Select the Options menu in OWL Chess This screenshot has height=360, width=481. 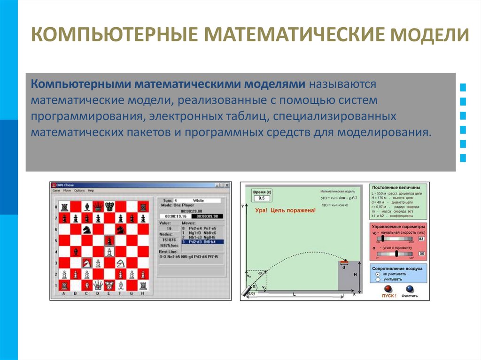(x=79, y=191)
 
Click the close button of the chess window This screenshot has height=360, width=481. (x=227, y=185)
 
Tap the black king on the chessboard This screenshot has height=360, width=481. (x=109, y=206)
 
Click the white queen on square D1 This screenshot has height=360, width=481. (x=98, y=285)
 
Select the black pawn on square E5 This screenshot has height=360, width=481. (x=109, y=241)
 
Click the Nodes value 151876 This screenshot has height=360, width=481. (x=169, y=240)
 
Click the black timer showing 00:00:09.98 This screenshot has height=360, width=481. (x=207, y=216)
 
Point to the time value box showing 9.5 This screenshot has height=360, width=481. (x=261, y=198)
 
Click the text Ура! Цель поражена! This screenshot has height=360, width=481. (x=285, y=210)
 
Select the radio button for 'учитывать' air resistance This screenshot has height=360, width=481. (x=378, y=279)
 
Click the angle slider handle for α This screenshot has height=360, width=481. (x=396, y=253)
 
